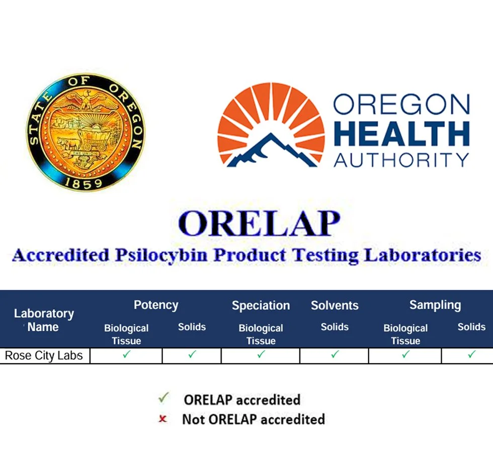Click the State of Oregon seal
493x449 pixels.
click(85, 132)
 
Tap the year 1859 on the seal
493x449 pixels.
click(85, 184)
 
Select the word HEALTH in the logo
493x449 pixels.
click(401, 133)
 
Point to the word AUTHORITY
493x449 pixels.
click(401, 159)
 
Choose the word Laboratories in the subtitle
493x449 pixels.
click(423, 255)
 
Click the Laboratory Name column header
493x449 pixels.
click(44, 320)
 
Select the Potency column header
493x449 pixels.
click(156, 305)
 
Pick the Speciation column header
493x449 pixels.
click(261, 306)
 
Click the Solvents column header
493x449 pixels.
click(335, 306)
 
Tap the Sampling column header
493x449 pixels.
click(435, 305)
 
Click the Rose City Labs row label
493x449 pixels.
click(44, 356)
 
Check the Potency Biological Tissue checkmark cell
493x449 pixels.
click(126, 355)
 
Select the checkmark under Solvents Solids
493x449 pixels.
click(335, 355)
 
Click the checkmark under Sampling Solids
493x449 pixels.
click(471, 355)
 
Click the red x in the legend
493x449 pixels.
click(162, 418)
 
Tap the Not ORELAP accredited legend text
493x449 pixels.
click(253, 419)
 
